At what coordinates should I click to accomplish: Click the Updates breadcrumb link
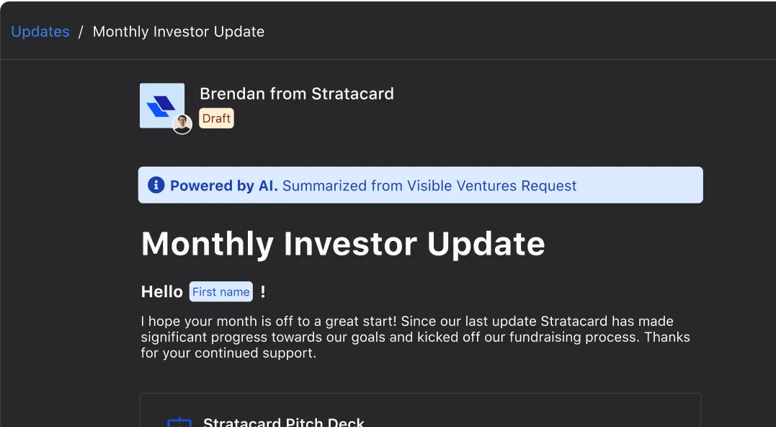pyautogui.click(x=40, y=32)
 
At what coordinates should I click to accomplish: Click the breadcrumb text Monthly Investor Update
pyautogui.click(x=179, y=32)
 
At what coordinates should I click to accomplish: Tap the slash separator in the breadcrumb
pyautogui.click(x=81, y=32)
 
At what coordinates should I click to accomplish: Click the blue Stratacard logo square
pyautogui.click(x=162, y=105)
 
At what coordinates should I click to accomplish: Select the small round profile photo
pyautogui.click(x=182, y=124)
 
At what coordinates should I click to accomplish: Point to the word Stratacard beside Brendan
pyautogui.click(x=352, y=94)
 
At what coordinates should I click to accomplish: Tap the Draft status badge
pyautogui.click(x=216, y=118)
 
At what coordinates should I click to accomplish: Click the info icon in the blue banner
pyautogui.click(x=156, y=185)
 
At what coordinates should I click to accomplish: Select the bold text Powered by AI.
pyautogui.click(x=224, y=186)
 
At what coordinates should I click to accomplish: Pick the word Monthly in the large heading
pyautogui.click(x=208, y=245)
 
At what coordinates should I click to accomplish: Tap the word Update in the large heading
pyautogui.click(x=486, y=245)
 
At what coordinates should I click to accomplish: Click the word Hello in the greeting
pyautogui.click(x=162, y=292)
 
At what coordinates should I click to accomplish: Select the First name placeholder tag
pyautogui.click(x=220, y=292)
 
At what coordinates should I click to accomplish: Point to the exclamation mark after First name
pyautogui.click(x=263, y=292)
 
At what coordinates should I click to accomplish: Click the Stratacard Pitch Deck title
pyautogui.click(x=284, y=422)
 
